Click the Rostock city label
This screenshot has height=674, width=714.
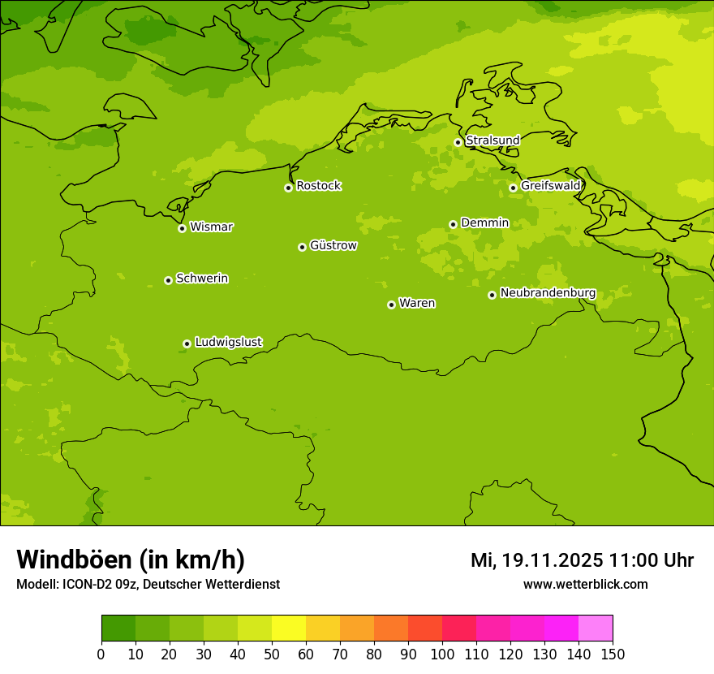point(318,186)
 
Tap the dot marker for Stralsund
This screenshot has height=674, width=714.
point(458,142)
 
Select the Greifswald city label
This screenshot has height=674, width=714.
point(550,186)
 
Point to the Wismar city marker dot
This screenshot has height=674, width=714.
point(182,228)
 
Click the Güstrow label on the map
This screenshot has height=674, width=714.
point(333,245)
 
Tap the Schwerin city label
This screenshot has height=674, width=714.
point(202,279)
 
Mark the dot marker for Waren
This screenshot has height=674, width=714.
point(391,305)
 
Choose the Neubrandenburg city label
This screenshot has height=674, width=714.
point(548,293)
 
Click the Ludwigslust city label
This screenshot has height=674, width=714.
point(228,343)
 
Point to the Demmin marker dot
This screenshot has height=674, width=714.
point(453,224)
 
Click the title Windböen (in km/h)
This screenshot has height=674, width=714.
point(131,560)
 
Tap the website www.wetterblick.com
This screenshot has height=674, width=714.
point(585,584)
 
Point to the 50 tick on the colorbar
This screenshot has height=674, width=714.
point(272,654)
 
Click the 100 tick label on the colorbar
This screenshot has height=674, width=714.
point(442,654)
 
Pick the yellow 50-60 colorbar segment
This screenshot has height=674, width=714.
point(289,629)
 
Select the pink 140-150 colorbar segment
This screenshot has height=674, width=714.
point(596,629)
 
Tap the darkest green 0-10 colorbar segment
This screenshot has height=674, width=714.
point(118,629)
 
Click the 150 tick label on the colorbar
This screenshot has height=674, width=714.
point(613,654)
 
